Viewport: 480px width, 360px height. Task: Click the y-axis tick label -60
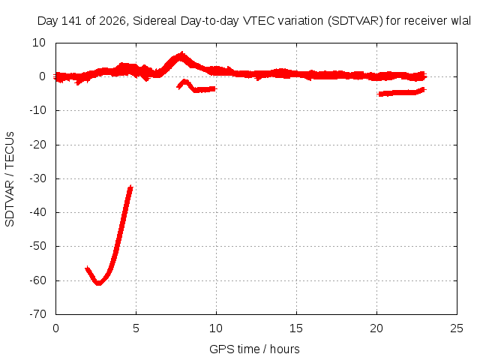tap(37, 280)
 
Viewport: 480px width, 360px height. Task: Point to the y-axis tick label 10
tap(39, 43)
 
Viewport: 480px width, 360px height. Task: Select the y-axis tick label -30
tap(37, 178)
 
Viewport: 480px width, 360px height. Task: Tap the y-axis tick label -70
tap(37, 313)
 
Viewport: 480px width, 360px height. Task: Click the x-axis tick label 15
tap(296, 328)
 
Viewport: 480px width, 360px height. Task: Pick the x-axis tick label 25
tap(457, 328)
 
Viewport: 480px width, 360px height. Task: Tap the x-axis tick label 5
tap(136, 328)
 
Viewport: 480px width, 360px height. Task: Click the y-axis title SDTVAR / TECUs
tap(10, 179)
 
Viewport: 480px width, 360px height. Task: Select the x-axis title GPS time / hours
tap(254, 349)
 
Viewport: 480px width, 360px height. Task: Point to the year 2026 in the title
tap(112, 21)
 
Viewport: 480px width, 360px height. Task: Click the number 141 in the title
tap(71, 21)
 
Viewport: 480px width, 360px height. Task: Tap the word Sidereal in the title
tap(154, 21)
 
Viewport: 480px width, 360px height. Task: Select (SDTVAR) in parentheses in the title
tap(355, 21)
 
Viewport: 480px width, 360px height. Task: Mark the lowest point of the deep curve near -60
tap(98, 283)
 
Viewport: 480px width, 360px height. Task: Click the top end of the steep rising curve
tap(130, 187)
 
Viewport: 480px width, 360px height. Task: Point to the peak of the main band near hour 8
tap(182, 55)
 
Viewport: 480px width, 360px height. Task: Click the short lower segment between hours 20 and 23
tap(402, 92)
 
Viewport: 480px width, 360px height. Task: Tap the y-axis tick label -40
tap(37, 211)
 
